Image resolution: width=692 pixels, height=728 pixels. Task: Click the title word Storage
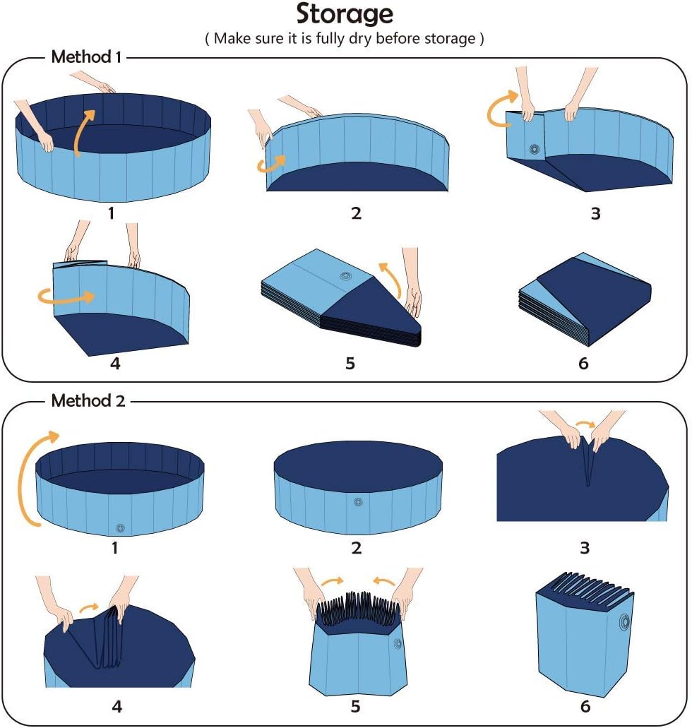click(345, 14)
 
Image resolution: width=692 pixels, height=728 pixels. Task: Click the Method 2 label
click(88, 401)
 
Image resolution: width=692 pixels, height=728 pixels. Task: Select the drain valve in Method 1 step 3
click(534, 149)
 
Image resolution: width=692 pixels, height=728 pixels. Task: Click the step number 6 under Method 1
click(583, 364)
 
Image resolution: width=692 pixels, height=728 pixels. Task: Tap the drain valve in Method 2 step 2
click(358, 502)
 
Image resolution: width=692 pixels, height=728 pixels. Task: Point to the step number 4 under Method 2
click(117, 705)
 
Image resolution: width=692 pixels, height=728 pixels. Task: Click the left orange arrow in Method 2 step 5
click(330, 581)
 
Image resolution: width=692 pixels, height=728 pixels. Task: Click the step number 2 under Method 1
click(356, 213)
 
